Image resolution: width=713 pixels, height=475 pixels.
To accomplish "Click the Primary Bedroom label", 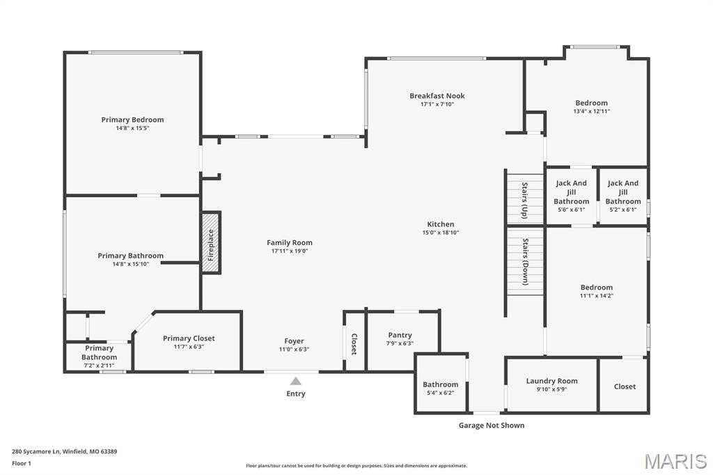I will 132,120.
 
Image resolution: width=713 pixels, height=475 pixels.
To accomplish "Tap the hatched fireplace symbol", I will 211,243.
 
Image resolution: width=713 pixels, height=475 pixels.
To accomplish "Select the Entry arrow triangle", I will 296,381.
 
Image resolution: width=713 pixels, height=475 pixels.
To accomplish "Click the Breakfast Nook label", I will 437,96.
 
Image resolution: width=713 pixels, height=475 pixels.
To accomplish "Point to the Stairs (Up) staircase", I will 524,198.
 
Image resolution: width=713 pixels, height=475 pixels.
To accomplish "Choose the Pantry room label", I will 400,335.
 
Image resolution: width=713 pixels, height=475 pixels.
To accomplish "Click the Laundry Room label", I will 551,381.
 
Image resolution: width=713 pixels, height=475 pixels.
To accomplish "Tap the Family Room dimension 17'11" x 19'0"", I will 290,251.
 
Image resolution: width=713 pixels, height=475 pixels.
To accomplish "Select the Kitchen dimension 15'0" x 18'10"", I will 441,233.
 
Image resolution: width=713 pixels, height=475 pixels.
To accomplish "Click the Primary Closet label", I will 189,338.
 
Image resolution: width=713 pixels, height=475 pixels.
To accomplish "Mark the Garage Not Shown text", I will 491,425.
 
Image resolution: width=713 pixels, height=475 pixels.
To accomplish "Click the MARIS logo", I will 675,461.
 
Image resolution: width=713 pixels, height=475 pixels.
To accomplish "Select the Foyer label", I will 294,341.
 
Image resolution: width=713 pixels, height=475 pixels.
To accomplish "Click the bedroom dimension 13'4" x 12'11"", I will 591,111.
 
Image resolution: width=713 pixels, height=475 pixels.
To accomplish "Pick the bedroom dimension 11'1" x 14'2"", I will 597,296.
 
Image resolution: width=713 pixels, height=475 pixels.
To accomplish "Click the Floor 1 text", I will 22,463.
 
